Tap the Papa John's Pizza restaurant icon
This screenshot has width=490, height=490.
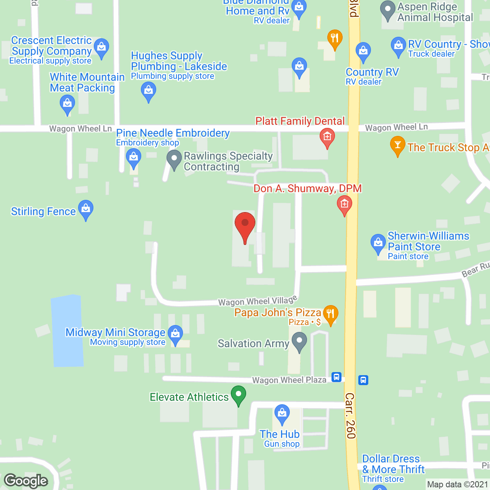point(330,314)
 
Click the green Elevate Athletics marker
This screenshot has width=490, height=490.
point(238,395)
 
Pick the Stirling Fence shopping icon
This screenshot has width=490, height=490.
point(86,209)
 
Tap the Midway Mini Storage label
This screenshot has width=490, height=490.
point(115,332)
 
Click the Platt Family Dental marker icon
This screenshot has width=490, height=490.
point(327,137)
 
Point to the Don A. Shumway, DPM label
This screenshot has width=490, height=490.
point(307,188)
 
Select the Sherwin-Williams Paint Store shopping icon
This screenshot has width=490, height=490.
point(378,243)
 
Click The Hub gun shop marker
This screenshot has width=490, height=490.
point(282,413)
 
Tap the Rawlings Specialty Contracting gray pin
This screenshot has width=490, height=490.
point(174,159)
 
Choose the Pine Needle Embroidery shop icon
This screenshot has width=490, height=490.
point(134,158)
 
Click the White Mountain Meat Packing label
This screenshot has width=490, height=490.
point(87,83)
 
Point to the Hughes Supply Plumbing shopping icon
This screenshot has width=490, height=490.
point(148,92)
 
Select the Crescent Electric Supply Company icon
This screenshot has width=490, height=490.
point(101,48)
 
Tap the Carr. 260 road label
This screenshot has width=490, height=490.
point(350,416)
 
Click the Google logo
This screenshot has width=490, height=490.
point(26,481)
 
